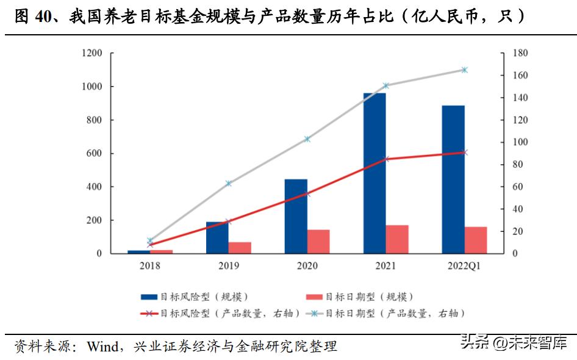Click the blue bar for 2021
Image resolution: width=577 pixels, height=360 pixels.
pyautogui.click(x=375, y=173)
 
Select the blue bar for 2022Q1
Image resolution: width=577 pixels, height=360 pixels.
pyautogui.click(x=453, y=179)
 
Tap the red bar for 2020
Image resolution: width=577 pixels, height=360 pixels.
pyautogui.click(x=318, y=242)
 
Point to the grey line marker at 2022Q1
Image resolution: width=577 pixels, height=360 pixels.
pyautogui.click(x=464, y=70)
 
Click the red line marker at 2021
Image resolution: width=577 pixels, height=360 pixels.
pyautogui.click(x=385, y=159)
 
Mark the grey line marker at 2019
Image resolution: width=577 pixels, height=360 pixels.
pyautogui.click(x=229, y=184)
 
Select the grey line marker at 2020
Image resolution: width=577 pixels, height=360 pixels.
pyautogui.click(x=307, y=139)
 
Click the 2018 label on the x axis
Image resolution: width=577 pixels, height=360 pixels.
pyautogui.click(x=150, y=266)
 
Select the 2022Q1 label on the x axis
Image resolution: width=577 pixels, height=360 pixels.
pyautogui.click(x=464, y=266)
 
